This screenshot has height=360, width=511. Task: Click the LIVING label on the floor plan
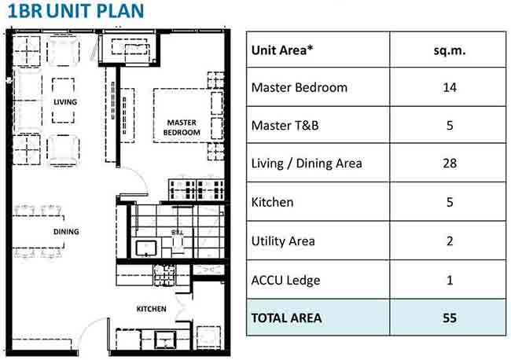click(x=65, y=102)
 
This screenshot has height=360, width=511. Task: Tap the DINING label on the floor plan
click(x=66, y=232)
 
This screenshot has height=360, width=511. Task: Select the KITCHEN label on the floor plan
click(x=151, y=309)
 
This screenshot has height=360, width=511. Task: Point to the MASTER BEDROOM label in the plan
click(x=182, y=127)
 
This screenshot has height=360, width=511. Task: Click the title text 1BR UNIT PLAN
click(x=75, y=10)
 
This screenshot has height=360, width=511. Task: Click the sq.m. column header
click(x=450, y=50)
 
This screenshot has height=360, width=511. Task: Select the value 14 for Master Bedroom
click(x=450, y=87)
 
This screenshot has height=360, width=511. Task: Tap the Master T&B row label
click(x=285, y=126)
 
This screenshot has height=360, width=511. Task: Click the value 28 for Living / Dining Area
click(x=450, y=163)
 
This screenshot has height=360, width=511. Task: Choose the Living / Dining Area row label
click(x=307, y=163)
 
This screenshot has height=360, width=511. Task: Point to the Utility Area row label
click(x=283, y=241)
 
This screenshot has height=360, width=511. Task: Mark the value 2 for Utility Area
click(x=450, y=241)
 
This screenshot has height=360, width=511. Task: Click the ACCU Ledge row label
click(x=285, y=280)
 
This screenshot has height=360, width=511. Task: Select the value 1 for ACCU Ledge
click(x=450, y=280)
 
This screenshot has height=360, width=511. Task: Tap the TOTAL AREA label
click(x=286, y=318)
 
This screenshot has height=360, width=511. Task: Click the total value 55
click(x=450, y=318)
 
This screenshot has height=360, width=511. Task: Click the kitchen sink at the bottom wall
click(x=165, y=340)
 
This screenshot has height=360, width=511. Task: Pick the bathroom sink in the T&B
click(x=146, y=248)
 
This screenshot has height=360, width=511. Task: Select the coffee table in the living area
click(x=63, y=101)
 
